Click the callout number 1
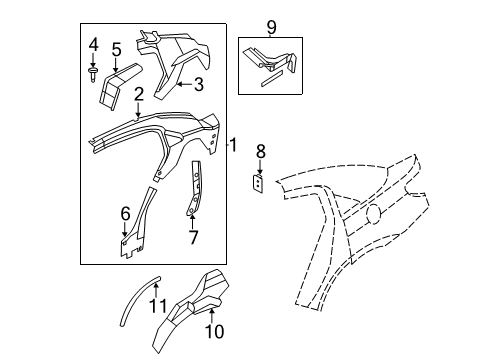234,146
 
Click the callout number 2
139,94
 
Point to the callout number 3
198,85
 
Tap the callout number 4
92,45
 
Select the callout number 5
116,49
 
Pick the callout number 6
126,213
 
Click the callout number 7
194,237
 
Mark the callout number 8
260,152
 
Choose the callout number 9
270,25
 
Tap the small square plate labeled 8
258,185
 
